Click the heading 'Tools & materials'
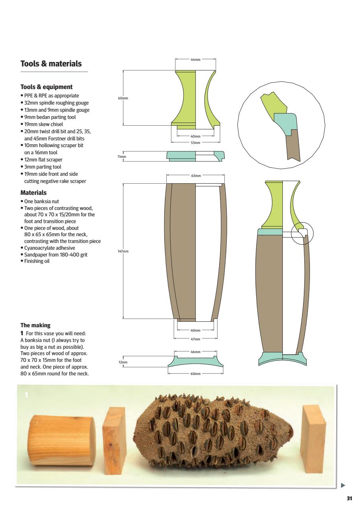[x=51, y=64]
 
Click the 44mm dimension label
[x=195, y=59]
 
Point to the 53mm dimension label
[x=195, y=142]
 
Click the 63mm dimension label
[x=196, y=175]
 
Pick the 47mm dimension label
[x=195, y=339]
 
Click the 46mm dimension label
[x=195, y=352]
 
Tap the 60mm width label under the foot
[x=195, y=374]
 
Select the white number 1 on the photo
[x=26, y=395]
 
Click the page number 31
[x=349, y=499]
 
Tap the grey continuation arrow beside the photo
[x=343, y=485]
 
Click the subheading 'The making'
[x=35, y=326]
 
